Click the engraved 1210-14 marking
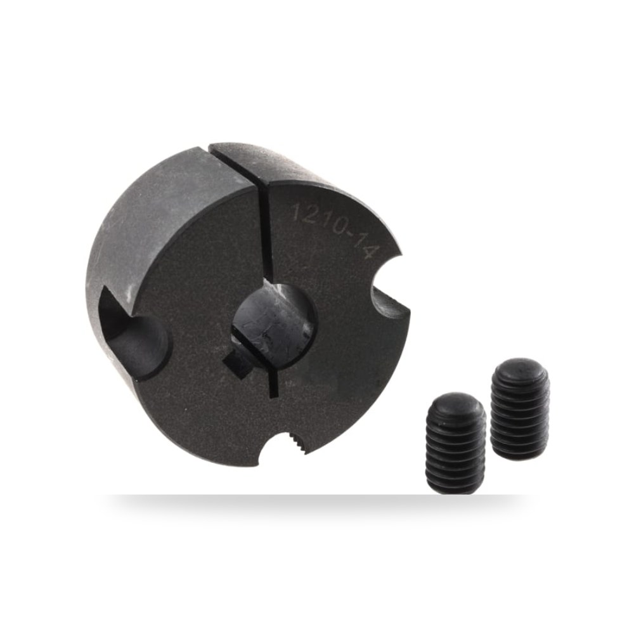(335, 228)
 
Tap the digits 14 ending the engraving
(366, 246)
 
